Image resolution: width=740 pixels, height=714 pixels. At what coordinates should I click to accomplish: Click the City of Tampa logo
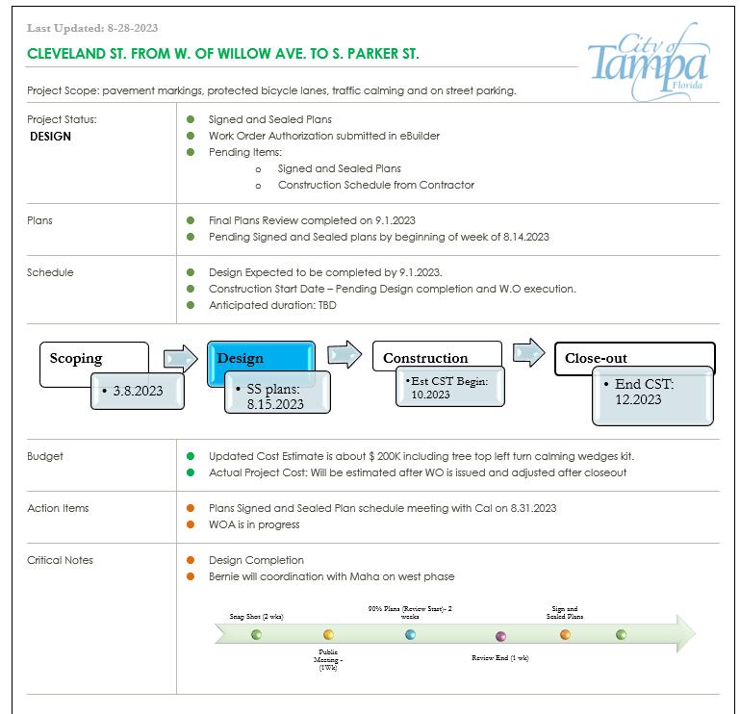[x=649, y=64]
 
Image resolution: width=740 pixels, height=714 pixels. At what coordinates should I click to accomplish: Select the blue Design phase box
[x=261, y=358]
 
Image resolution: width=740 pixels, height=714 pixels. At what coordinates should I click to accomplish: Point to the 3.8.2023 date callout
[x=137, y=391]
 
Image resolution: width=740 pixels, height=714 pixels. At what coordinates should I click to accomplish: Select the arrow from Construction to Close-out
[x=528, y=352]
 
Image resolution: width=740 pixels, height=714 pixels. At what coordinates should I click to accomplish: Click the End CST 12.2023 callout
[x=651, y=394]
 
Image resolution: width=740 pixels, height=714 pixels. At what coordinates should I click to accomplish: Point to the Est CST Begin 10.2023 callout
[x=448, y=388]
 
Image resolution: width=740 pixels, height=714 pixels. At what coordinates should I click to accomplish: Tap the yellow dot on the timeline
[x=328, y=635]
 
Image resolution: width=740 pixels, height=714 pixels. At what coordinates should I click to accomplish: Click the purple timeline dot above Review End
[x=500, y=637]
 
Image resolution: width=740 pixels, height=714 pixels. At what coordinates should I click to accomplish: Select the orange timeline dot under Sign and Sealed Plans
[x=565, y=634]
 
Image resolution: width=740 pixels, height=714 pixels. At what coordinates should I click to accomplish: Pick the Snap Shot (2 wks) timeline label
[x=256, y=616]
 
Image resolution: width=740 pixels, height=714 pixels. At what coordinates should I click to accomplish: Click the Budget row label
[x=45, y=456]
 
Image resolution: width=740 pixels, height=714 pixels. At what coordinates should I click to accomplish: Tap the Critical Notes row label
[x=60, y=560]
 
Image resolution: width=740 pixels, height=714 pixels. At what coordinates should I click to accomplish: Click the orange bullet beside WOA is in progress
[x=191, y=524]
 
